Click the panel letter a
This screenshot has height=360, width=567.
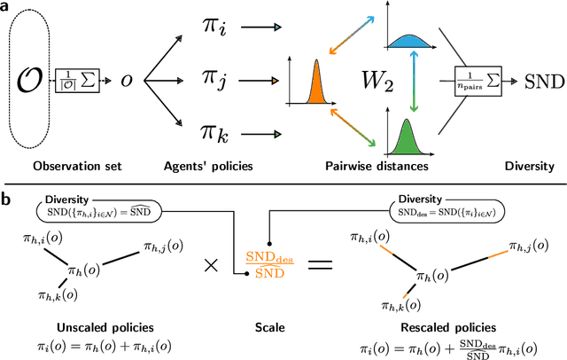(7, 8)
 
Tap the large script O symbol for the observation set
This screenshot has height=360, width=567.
(31, 79)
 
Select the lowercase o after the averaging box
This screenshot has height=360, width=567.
(127, 80)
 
